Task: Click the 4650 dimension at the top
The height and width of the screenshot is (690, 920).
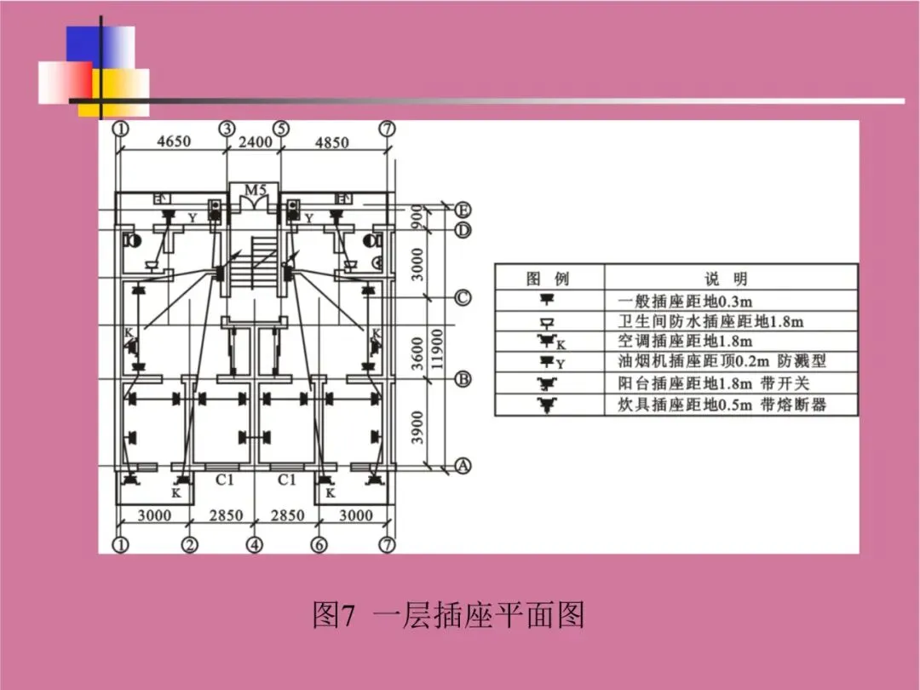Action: click(x=174, y=142)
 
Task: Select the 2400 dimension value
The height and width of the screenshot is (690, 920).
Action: click(x=255, y=142)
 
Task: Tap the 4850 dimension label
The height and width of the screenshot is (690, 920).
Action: click(x=332, y=142)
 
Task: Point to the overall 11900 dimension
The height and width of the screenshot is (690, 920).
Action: click(x=437, y=349)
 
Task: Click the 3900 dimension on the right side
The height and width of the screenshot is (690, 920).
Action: click(x=417, y=425)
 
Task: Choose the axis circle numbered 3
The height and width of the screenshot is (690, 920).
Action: click(x=227, y=129)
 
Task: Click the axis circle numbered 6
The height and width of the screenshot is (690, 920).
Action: click(x=319, y=544)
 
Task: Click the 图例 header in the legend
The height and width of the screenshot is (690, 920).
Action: click(x=548, y=279)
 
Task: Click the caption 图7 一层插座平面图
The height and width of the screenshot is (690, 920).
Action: click(x=449, y=615)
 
